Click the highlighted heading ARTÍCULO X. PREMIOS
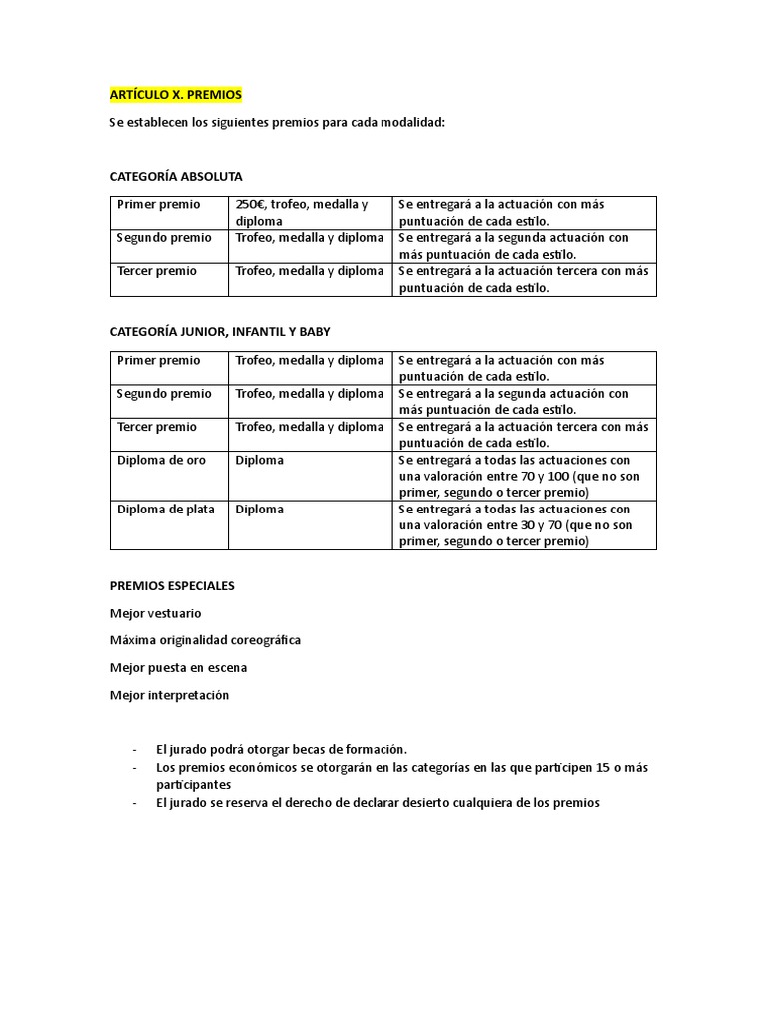point(176,95)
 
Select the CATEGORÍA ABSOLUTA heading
point(176,177)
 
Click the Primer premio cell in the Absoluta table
point(159,205)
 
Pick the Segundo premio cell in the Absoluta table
point(164,238)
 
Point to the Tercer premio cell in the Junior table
point(157,427)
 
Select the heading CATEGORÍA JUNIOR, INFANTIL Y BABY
point(219,332)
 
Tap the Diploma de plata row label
point(166,510)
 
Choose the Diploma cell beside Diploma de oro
point(260,460)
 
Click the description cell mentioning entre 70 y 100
point(519,476)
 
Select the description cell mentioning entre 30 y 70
point(519,525)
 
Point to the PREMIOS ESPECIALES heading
point(172,586)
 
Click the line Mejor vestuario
point(155,613)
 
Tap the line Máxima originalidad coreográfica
point(205,640)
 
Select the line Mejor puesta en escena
point(178,667)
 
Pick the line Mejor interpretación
point(169,695)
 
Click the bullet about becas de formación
point(282,749)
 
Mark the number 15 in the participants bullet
point(601,767)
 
